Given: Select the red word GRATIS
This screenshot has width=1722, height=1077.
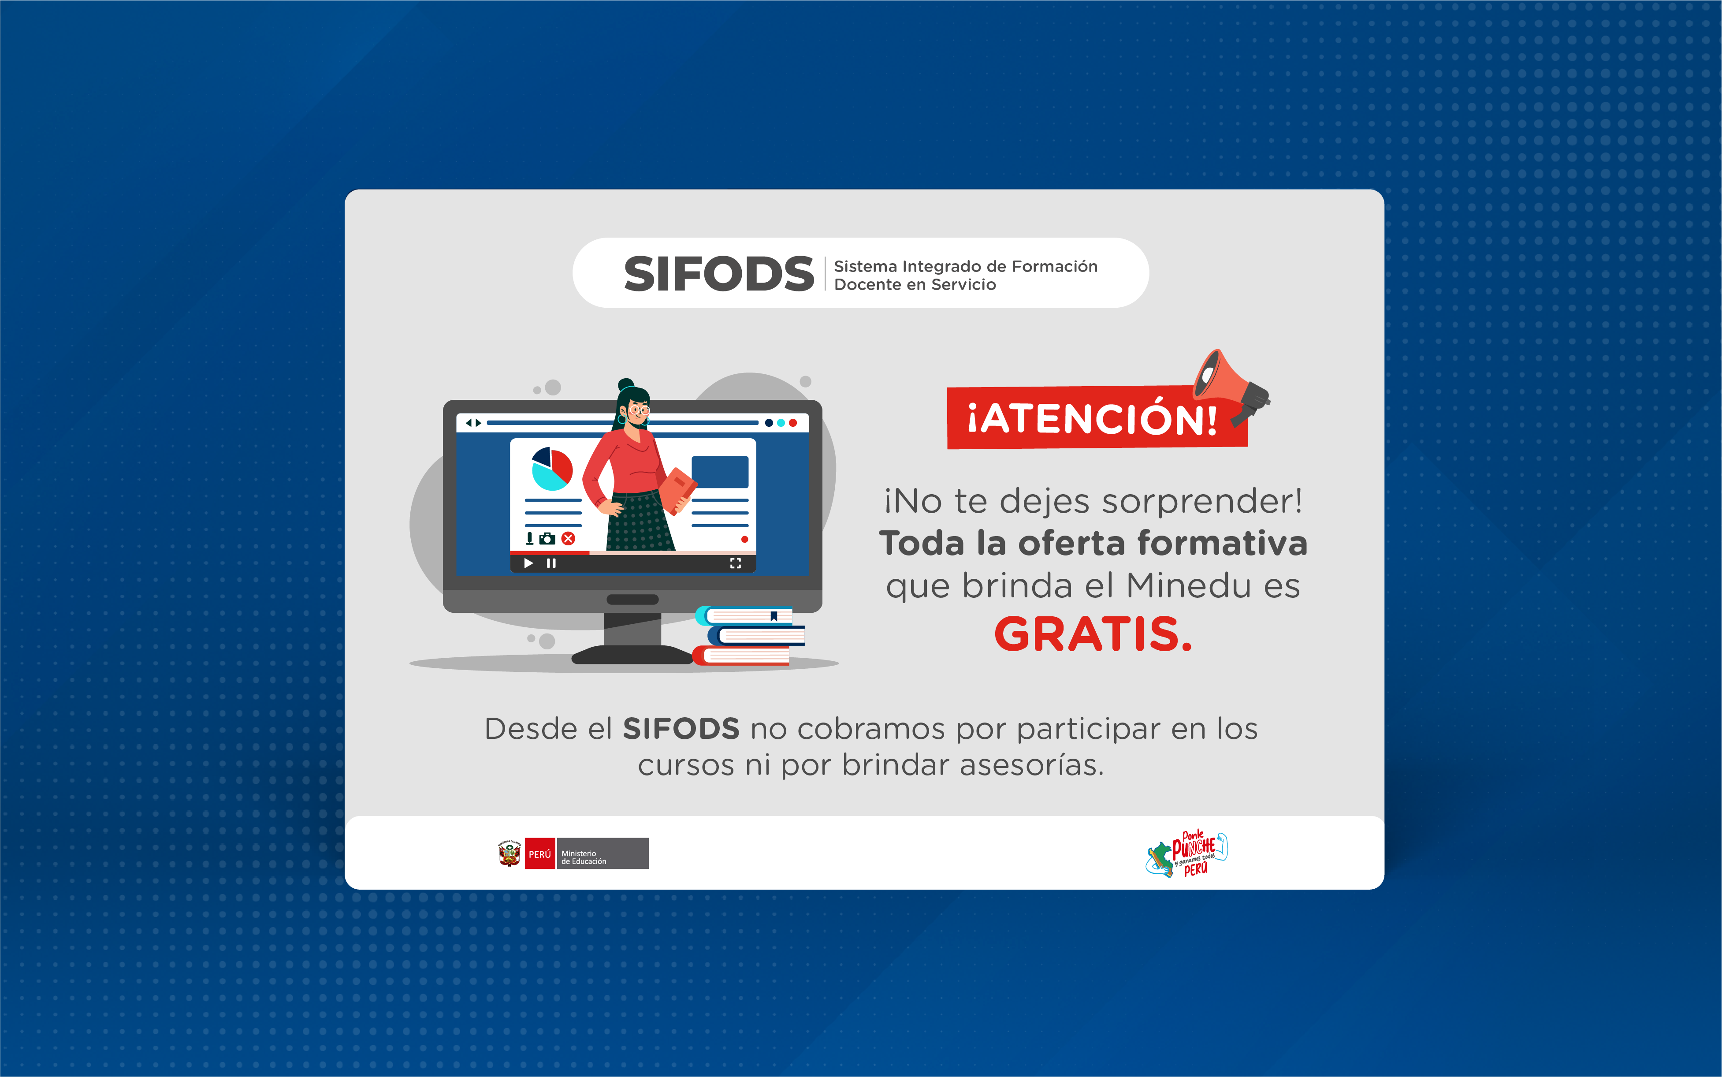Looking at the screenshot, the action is pos(1093,634).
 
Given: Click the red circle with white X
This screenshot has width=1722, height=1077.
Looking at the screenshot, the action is pos(568,539).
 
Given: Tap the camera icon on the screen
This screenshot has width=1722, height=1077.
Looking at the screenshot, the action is pos(547,539).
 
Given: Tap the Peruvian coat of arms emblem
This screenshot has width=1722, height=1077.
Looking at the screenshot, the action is pos(509,853).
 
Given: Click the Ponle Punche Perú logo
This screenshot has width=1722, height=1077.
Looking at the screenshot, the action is pos(1187,854).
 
